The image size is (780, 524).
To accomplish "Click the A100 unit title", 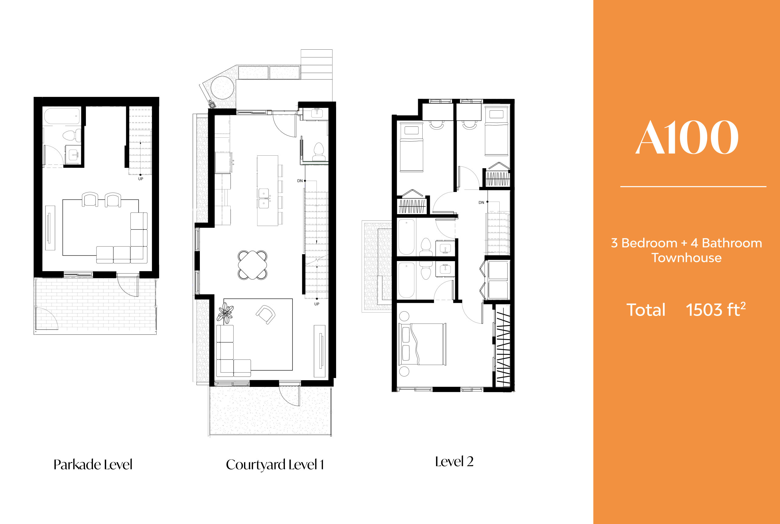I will click(x=686, y=137).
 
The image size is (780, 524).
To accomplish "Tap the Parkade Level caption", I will click(x=93, y=465).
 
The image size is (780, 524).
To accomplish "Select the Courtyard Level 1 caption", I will click(x=275, y=465).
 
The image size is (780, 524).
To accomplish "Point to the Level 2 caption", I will click(x=454, y=462).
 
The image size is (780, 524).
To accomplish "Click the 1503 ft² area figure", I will click(x=715, y=310).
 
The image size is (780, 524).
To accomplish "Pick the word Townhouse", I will click(x=686, y=258).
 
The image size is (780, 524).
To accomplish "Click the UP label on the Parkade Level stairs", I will click(x=141, y=179).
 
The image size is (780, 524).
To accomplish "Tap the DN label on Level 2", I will click(x=481, y=203).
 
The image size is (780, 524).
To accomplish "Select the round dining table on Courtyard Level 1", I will click(x=252, y=265).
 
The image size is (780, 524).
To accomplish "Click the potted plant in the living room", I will click(x=225, y=313).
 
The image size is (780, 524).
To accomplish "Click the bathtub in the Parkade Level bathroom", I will click(x=62, y=116).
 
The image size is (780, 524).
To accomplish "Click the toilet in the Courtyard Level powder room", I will click(x=318, y=152).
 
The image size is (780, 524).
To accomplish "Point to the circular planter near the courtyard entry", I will click(x=222, y=87).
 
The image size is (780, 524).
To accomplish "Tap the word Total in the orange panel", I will click(x=646, y=310).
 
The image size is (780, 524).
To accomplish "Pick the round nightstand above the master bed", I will click(x=404, y=316).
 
